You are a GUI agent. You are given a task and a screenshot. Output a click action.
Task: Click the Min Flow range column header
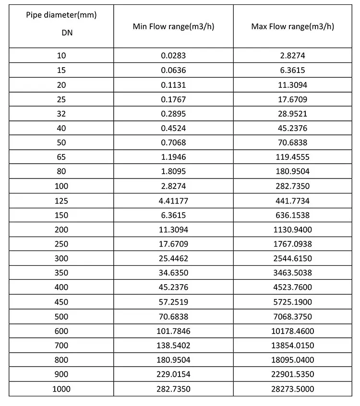click(173, 26)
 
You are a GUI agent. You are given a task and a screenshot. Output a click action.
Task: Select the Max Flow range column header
click(293, 26)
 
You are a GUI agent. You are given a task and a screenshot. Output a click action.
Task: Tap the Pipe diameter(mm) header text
click(61, 15)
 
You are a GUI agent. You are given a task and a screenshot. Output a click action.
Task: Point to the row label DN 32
click(61, 114)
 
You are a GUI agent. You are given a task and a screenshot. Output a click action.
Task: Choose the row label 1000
click(61, 389)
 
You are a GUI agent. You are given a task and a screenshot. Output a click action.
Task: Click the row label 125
click(61, 201)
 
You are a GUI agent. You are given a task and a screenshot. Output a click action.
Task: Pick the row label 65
click(61, 157)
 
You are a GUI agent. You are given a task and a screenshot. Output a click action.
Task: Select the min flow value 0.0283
click(173, 56)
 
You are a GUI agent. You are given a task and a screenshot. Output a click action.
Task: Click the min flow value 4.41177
click(173, 201)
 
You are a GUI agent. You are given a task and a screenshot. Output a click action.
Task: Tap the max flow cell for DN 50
click(293, 143)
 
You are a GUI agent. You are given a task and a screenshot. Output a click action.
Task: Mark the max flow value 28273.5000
click(293, 389)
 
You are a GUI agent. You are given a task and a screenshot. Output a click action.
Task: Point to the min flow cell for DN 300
click(173, 259)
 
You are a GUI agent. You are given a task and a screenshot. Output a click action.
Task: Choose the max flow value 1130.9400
click(293, 229)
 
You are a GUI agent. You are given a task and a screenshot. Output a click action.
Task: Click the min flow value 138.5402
click(173, 346)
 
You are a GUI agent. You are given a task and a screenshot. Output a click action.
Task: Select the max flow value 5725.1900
click(293, 302)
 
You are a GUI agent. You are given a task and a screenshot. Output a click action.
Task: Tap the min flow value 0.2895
click(173, 114)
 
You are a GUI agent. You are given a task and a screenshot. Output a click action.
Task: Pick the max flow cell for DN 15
click(293, 70)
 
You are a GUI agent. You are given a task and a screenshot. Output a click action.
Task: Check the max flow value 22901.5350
click(293, 374)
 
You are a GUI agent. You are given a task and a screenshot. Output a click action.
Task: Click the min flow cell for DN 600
click(173, 331)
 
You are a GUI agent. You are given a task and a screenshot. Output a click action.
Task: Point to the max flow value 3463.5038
click(293, 273)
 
